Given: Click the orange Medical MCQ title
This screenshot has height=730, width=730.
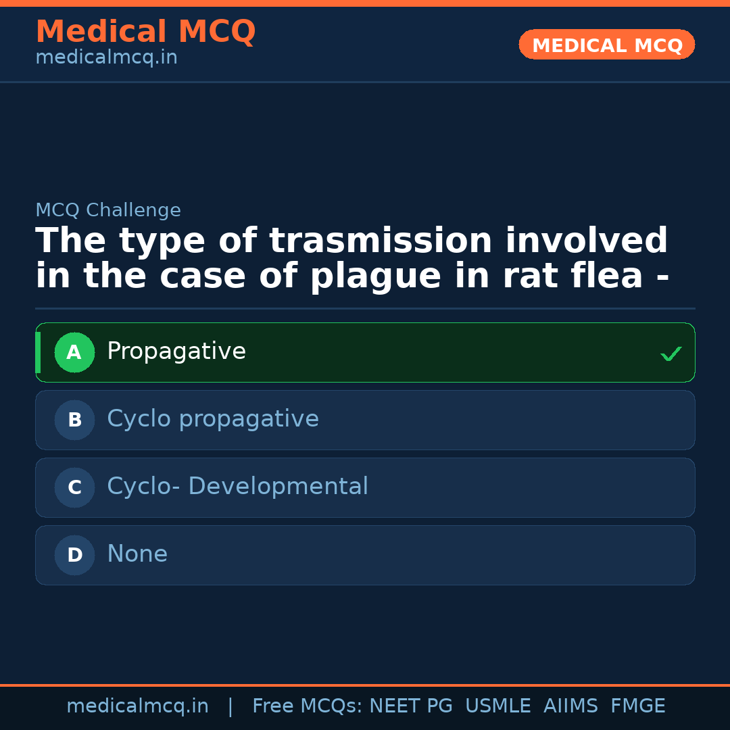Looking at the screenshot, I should (145, 32).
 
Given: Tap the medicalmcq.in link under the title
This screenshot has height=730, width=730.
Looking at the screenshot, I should (106, 58).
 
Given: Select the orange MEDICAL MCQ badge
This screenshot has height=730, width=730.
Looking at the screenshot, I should (607, 45).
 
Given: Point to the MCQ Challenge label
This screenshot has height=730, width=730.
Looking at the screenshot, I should (108, 211).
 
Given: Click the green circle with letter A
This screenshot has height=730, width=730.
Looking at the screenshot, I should (74, 352).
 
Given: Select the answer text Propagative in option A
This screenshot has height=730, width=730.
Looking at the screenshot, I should (176, 352).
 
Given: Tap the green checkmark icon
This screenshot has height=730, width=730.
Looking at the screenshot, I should (671, 354).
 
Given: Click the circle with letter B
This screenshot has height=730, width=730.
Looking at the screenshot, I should (74, 420).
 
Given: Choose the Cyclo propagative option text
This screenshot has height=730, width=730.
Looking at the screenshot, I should (213, 420).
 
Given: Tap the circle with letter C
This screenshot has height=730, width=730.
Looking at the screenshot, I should (74, 487).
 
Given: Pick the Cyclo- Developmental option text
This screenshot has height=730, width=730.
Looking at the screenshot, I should (237, 487).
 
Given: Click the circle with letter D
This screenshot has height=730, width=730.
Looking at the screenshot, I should (74, 555).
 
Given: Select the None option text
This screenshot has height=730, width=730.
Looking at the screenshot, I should (137, 555).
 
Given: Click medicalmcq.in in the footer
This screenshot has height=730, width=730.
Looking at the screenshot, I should (137, 706).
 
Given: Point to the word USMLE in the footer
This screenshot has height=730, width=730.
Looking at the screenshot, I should (497, 706).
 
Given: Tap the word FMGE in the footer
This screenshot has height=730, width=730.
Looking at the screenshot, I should (637, 706).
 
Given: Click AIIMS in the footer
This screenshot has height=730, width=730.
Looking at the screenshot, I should (570, 706).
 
